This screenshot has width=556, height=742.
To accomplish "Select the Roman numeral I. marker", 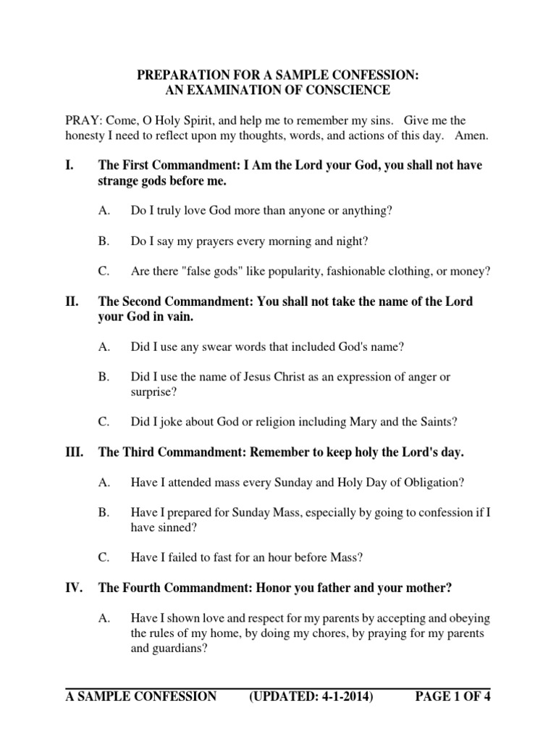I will pos(70,165).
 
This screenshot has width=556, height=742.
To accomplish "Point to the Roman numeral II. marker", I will pos(73,301).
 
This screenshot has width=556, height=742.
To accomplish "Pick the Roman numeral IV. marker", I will pos(75,588).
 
